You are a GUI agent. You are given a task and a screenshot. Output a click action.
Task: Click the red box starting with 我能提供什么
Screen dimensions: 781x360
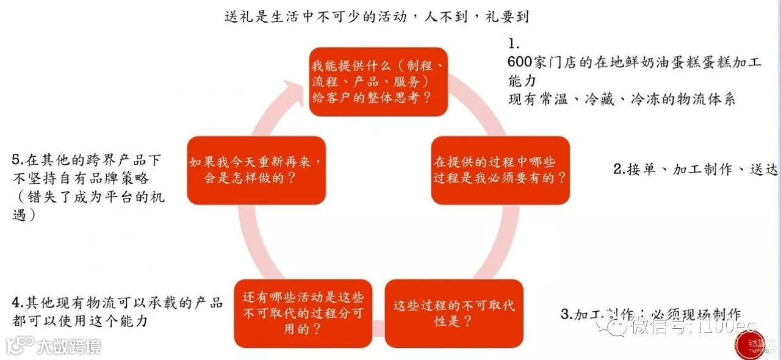(x=378, y=82)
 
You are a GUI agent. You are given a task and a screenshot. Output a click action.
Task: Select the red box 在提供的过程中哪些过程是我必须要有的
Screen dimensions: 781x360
(x=500, y=170)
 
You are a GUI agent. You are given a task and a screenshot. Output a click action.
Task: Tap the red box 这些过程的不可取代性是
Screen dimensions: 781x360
(x=453, y=313)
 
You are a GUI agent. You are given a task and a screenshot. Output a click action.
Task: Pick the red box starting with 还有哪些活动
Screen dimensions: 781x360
(x=303, y=313)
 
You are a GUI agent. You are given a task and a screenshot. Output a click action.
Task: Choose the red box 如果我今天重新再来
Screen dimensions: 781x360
(x=256, y=170)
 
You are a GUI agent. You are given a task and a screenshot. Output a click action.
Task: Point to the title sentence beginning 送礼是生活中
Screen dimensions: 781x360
(x=376, y=16)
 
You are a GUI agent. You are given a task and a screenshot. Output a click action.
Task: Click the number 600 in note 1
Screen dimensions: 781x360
(x=520, y=62)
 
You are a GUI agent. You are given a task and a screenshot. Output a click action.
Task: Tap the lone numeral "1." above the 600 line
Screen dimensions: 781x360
(x=514, y=44)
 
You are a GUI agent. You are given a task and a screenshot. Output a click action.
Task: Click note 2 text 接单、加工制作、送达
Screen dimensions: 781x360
(x=696, y=170)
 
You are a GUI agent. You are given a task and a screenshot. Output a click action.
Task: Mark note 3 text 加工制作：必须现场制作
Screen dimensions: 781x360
(x=650, y=315)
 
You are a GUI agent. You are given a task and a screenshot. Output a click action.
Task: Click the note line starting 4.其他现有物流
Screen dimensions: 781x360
(x=117, y=302)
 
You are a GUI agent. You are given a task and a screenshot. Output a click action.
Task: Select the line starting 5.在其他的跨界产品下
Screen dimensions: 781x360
(x=87, y=160)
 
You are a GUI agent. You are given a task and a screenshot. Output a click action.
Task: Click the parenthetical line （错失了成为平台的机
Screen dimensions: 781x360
(x=88, y=197)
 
